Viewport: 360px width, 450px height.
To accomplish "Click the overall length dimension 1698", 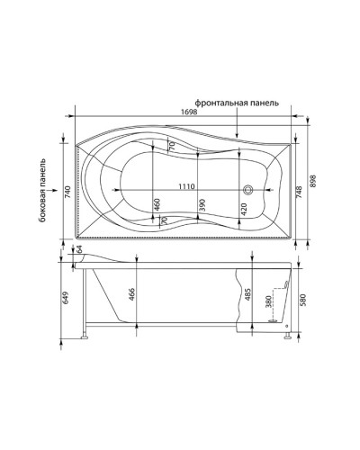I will click(189, 112).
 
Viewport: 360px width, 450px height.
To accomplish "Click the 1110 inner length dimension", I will click(185, 185).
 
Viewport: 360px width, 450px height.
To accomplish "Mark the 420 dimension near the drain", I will click(242, 210).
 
